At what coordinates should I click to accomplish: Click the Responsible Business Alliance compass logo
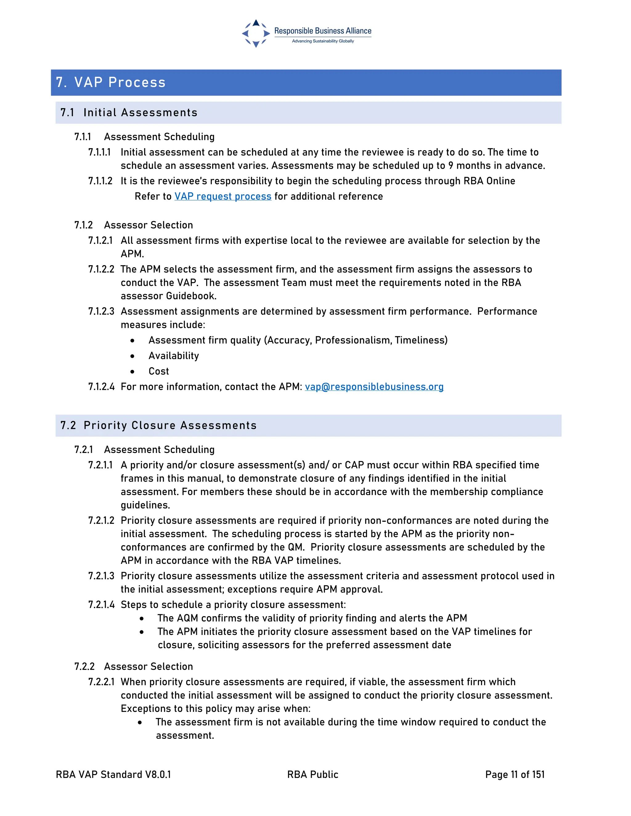(256, 34)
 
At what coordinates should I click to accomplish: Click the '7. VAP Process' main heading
(111, 83)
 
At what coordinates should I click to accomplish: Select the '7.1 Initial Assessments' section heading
(129, 112)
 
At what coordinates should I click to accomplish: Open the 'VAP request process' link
(223, 196)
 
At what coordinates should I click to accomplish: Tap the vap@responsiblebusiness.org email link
(374, 387)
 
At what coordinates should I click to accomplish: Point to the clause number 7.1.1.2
(100, 181)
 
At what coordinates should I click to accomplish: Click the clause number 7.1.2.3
(101, 312)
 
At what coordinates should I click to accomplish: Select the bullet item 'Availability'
(174, 356)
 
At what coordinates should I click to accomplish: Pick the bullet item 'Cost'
(159, 371)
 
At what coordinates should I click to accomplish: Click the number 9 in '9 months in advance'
(451, 166)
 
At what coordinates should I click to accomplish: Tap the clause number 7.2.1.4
(101, 605)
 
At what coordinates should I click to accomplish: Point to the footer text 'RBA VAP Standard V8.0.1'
(113, 774)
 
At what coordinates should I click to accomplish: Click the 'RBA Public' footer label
(312, 774)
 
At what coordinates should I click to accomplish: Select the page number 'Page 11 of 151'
(515, 774)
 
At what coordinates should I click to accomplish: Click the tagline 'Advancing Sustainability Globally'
(323, 41)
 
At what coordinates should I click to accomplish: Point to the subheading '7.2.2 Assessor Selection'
(133, 667)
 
